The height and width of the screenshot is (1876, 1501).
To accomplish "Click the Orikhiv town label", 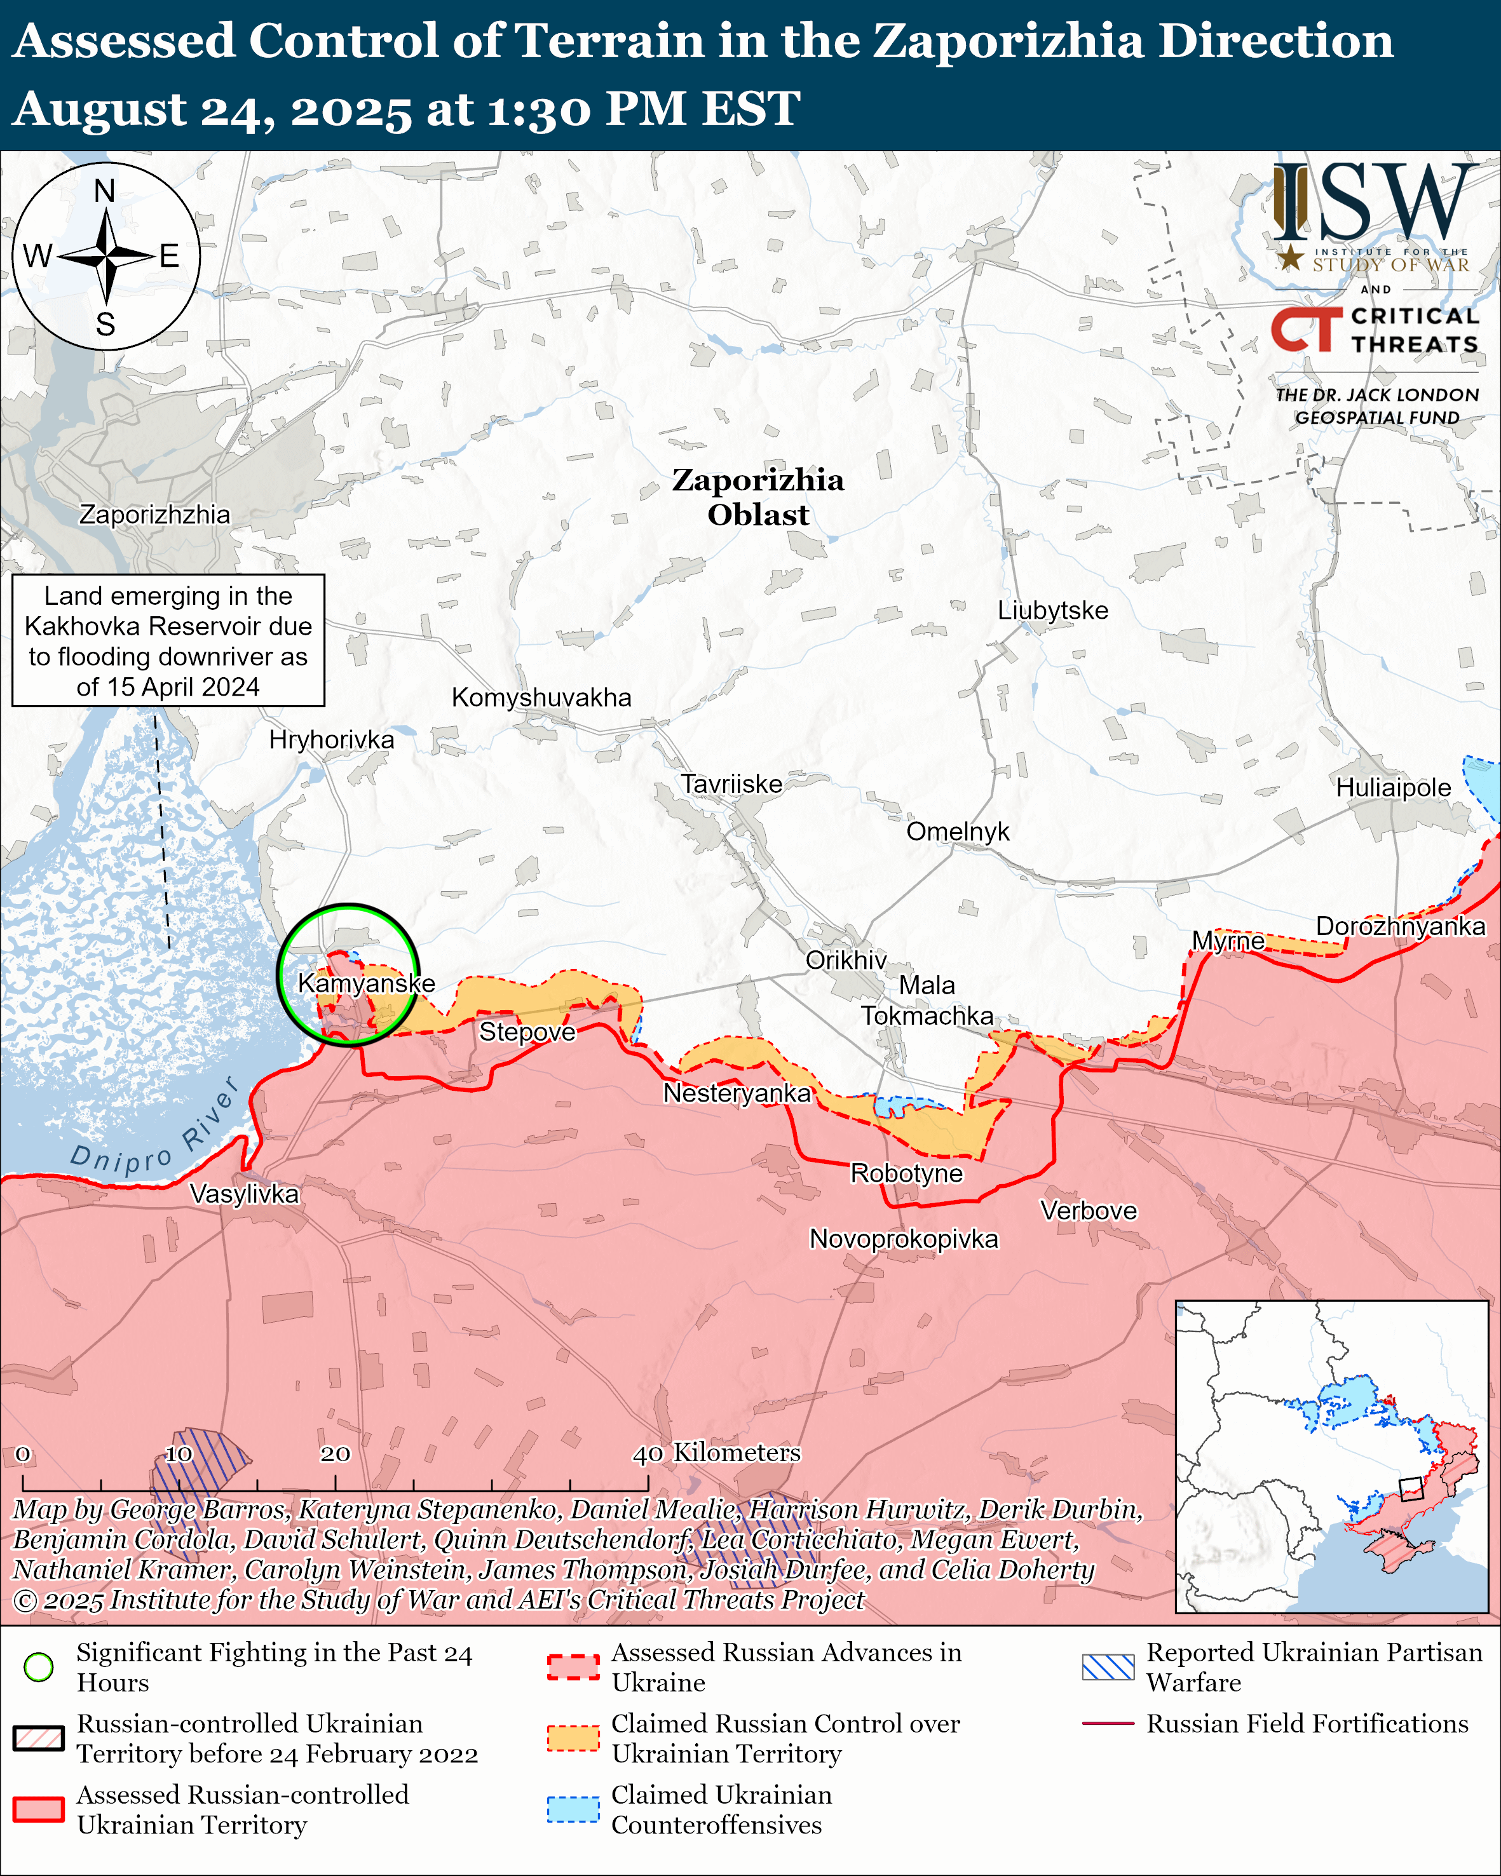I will pos(846,960).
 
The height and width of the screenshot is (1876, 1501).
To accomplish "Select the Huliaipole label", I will pos(1393,788).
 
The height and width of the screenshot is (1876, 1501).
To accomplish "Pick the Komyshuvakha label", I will pos(541,697).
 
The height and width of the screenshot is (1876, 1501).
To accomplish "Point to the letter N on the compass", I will pos(104,191).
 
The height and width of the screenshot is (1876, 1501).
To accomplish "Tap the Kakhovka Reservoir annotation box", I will pos(168,640).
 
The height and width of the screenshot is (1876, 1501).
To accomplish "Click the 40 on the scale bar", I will pos(648,1454).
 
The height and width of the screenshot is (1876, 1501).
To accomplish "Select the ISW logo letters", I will pos(1375,203).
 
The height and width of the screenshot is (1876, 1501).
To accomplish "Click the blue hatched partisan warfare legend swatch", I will pos(1108,1667).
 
